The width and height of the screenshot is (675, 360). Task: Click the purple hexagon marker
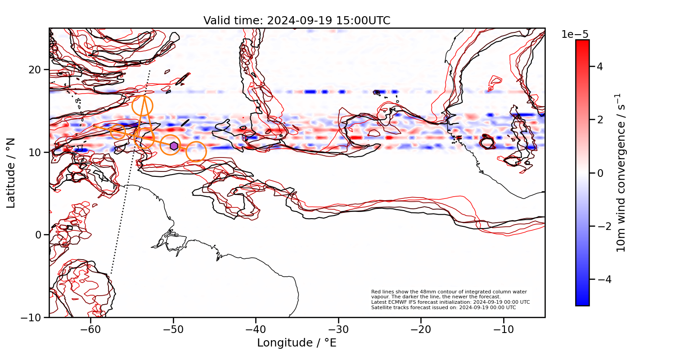coord(174,146)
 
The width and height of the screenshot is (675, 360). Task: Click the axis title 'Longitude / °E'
coord(297,343)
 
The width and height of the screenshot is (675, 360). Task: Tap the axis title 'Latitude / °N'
coord(11,173)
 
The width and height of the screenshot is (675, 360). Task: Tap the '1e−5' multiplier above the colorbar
coord(575,35)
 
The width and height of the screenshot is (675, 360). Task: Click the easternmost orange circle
coord(196,152)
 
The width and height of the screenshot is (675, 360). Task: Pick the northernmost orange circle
coord(143,106)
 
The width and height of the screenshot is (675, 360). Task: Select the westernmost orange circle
coord(117,132)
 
